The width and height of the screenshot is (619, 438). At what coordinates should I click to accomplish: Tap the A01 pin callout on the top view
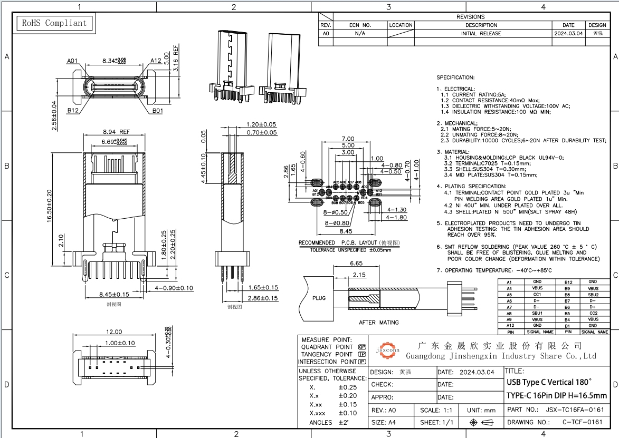pos(72,61)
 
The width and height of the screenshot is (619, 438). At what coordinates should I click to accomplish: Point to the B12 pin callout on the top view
pos(73,111)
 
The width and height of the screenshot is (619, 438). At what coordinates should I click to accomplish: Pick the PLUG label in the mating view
pos(319,298)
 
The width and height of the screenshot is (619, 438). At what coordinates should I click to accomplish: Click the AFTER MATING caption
pos(379,322)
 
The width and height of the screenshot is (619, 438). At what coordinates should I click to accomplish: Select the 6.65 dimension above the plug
pos(356,264)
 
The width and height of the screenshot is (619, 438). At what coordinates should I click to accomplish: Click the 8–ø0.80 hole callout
pos(338,223)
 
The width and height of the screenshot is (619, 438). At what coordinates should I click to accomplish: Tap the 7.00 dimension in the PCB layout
pos(348,139)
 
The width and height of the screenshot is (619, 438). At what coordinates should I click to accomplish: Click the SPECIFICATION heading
pos(455,77)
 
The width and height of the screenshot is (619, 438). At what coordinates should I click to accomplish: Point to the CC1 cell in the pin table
pos(537,295)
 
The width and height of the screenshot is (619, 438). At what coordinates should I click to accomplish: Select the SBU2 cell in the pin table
pos(593,295)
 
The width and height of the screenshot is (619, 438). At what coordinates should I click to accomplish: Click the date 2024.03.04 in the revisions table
pos(568,33)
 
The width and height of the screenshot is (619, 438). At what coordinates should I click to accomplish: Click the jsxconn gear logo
pos(388,349)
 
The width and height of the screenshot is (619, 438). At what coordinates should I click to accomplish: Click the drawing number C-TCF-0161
pos(582,422)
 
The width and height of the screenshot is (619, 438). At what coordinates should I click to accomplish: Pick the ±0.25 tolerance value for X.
pos(348,387)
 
